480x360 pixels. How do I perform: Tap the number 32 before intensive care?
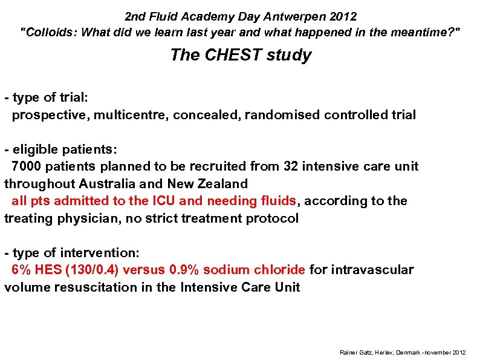(x=290, y=166)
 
